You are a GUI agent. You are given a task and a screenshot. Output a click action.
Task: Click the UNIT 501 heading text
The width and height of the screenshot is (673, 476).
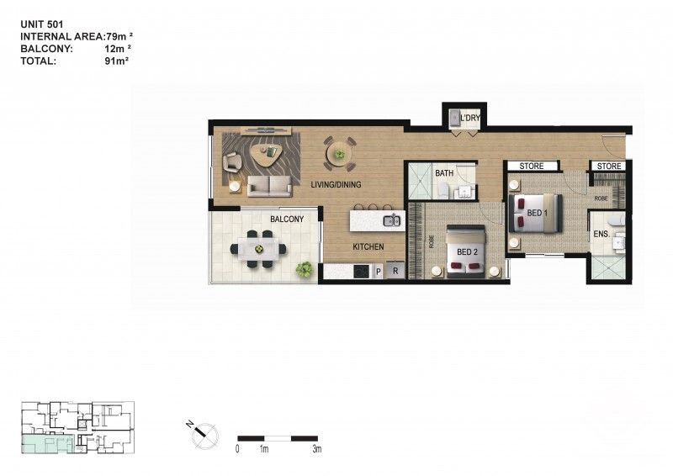click(x=42, y=24)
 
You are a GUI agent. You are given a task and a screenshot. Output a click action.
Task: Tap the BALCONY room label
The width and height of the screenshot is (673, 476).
click(x=287, y=219)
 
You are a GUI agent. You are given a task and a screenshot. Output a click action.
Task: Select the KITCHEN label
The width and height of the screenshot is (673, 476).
click(x=368, y=247)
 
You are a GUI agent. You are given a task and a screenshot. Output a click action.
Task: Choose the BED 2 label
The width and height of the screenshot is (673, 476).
click(x=467, y=252)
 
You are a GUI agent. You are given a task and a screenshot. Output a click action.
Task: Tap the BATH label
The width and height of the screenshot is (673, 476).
click(x=444, y=174)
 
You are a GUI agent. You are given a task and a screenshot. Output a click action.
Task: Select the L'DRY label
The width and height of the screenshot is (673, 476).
click(x=469, y=119)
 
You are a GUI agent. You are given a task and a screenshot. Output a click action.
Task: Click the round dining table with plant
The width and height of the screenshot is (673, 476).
click(x=339, y=154)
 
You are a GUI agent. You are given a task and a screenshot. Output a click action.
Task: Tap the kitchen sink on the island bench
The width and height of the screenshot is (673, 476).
click(x=391, y=221)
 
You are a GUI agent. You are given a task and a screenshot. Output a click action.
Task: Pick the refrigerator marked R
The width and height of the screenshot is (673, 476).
click(x=394, y=272)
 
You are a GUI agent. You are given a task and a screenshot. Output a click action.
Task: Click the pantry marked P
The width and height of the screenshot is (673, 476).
click(x=378, y=272)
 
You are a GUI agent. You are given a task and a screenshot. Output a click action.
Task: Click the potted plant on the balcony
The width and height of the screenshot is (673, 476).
click(x=304, y=269)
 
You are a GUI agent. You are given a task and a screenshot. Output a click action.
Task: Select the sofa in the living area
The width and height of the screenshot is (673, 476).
click(x=269, y=186)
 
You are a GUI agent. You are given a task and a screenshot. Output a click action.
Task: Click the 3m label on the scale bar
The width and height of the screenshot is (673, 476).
click(x=316, y=450)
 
